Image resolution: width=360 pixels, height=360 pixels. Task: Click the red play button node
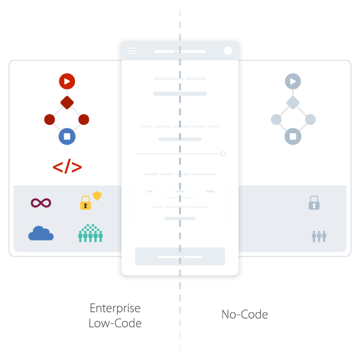[x=67, y=80]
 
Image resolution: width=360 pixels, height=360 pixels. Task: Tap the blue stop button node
[x=67, y=136]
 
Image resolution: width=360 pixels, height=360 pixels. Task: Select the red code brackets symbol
[x=67, y=167]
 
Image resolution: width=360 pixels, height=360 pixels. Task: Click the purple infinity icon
[x=41, y=203]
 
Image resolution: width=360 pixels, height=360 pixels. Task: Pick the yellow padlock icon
[x=85, y=203]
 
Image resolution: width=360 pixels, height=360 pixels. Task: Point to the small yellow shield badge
[x=97, y=196]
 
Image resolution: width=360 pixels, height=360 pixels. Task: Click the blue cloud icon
[x=41, y=233]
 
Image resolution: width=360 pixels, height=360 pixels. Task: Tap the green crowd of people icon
[x=90, y=233]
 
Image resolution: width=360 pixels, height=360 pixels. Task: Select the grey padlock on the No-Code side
[x=314, y=203]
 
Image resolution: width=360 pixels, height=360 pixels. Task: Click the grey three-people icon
[x=319, y=236]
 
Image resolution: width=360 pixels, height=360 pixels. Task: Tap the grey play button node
[x=293, y=81]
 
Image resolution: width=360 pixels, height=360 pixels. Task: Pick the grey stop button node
[x=293, y=136]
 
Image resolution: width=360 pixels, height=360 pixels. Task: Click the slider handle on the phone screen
[x=223, y=154]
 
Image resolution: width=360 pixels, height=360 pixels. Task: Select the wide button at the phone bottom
[x=180, y=256]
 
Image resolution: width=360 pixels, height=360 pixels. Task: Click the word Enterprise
[x=115, y=308]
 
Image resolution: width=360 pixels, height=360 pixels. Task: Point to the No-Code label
[x=244, y=314]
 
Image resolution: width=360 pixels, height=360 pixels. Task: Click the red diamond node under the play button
[x=67, y=103]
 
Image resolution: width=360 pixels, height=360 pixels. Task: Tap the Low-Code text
[x=115, y=323]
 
